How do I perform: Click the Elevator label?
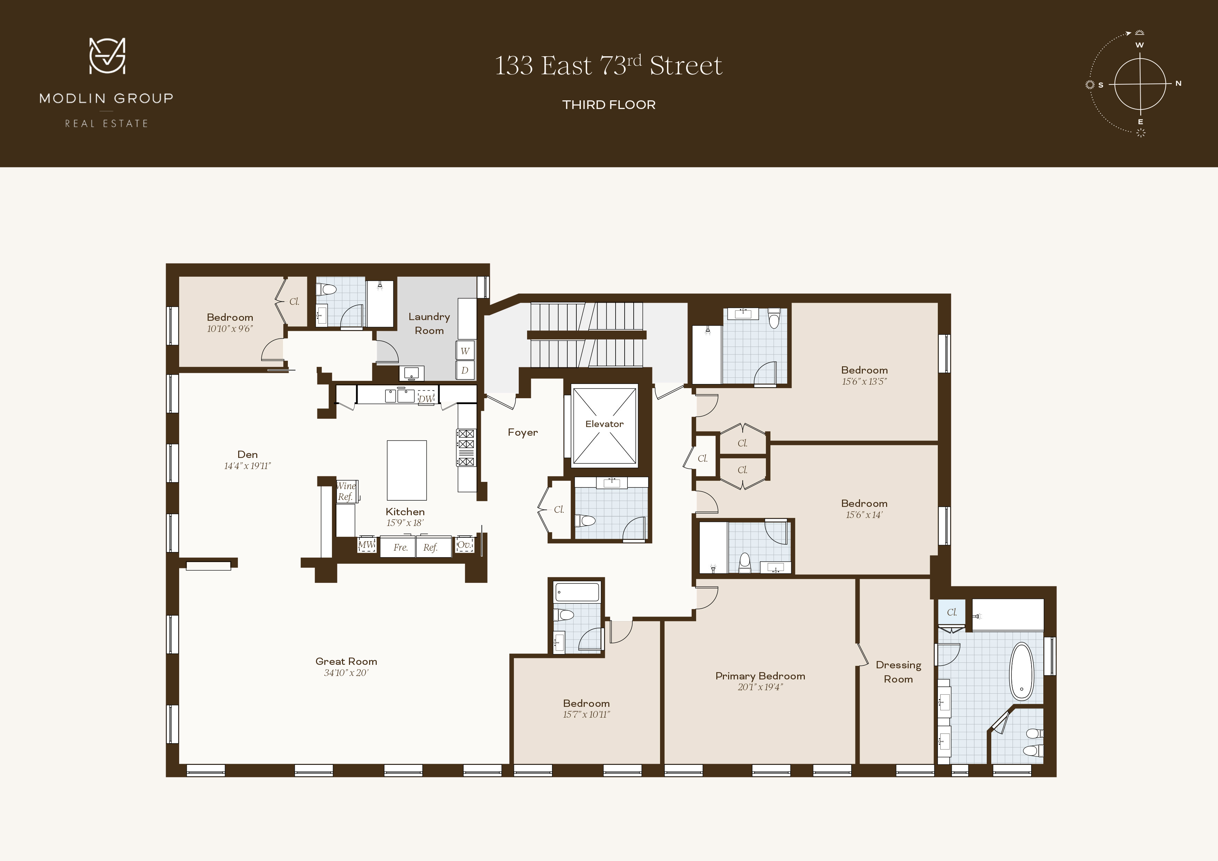coord(604,424)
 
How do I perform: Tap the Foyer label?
coord(523,432)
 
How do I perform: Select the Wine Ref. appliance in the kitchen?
coord(346,491)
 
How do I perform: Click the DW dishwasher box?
coord(426,399)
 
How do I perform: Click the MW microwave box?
coord(366,545)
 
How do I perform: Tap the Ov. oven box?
coord(464,545)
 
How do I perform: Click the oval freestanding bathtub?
coord(1021,671)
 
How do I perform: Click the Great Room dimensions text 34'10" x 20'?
coord(346,673)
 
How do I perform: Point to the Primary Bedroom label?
coord(760,676)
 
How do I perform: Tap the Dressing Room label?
coord(898,671)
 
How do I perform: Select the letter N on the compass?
coord(1178,83)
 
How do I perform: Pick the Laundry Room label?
coord(429,324)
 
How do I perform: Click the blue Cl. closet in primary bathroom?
coord(952,612)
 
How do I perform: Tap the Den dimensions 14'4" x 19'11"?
coord(247,466)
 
